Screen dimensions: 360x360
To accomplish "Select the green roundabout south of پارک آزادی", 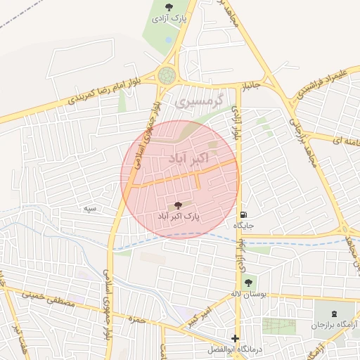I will (167, 75).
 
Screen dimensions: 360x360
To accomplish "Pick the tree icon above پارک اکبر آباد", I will (177, 205).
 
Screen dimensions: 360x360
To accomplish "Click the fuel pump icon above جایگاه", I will (243, 214).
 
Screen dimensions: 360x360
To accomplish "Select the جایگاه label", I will (243, 226).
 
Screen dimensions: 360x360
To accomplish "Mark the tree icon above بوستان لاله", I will (247, 282).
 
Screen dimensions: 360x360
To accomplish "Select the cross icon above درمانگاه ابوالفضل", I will (235, 338).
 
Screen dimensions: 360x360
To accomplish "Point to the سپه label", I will (89, 208).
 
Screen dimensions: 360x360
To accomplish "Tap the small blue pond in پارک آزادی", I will (168, 40).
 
